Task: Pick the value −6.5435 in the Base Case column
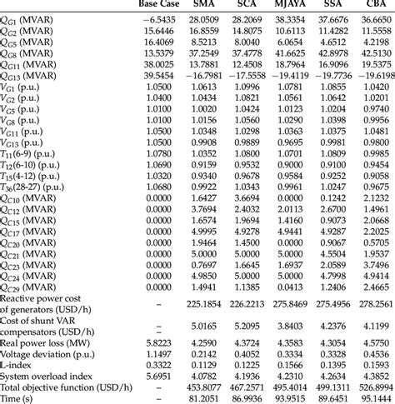(x=161, y=17)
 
